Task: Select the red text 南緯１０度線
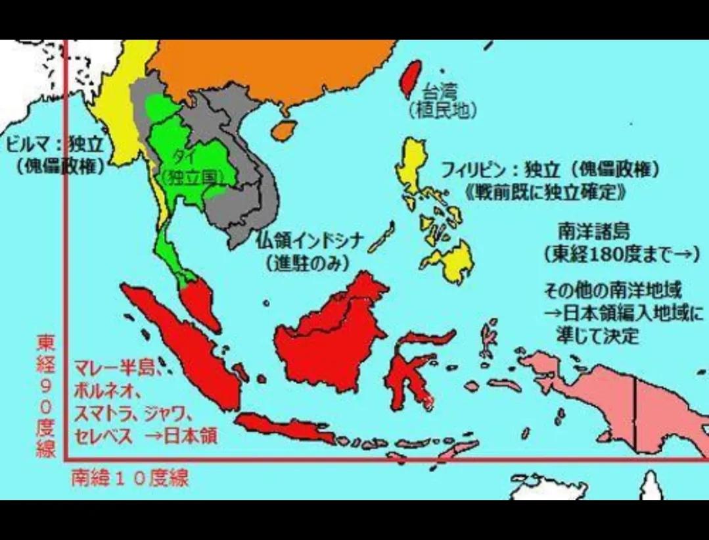pyautogui.click(x=130, y=478)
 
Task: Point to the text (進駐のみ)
pyautogui.click(x=306, y=261)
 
